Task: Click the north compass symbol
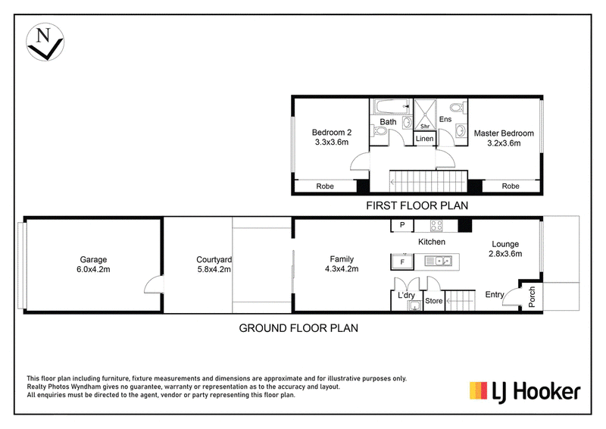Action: pyautogui.click(x=45, y=42)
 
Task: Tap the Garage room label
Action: pyautogui.click(x=93, y=259)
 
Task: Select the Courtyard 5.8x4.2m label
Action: pyautogui.click(x=214, y=265)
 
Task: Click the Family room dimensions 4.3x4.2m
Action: pyautogui.click(x=342, y=269)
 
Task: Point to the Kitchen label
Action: pyautogui.click(x=432, y=242)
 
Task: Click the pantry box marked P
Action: pyautogui.click(x=402, y=225)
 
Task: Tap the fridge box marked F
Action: pyautogui.click(x=402, y=262)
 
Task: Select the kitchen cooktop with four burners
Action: pyautogui.click(x=436, y=226)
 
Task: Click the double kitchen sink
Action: pyautogui.click(x=439, y=261)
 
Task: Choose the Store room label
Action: pyautogui.click(x=433, y=301)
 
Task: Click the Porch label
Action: pyautogui.click(x=532, y=296)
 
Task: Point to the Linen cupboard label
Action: pyautogui.click(x=424, y=139)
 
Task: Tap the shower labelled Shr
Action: pyautogui.click(x=425, y=115)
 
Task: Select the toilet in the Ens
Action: pyautogui.click(x=457, y=107)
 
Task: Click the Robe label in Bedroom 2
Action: pyautogui.click(x=325, y=186)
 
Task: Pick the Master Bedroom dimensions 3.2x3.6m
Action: pyautogui.click(x=504, y=143)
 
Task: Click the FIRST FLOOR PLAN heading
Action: pyautogui.click(x=417, y=205)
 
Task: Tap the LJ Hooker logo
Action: pyautogui.click(x=525, y=391)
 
